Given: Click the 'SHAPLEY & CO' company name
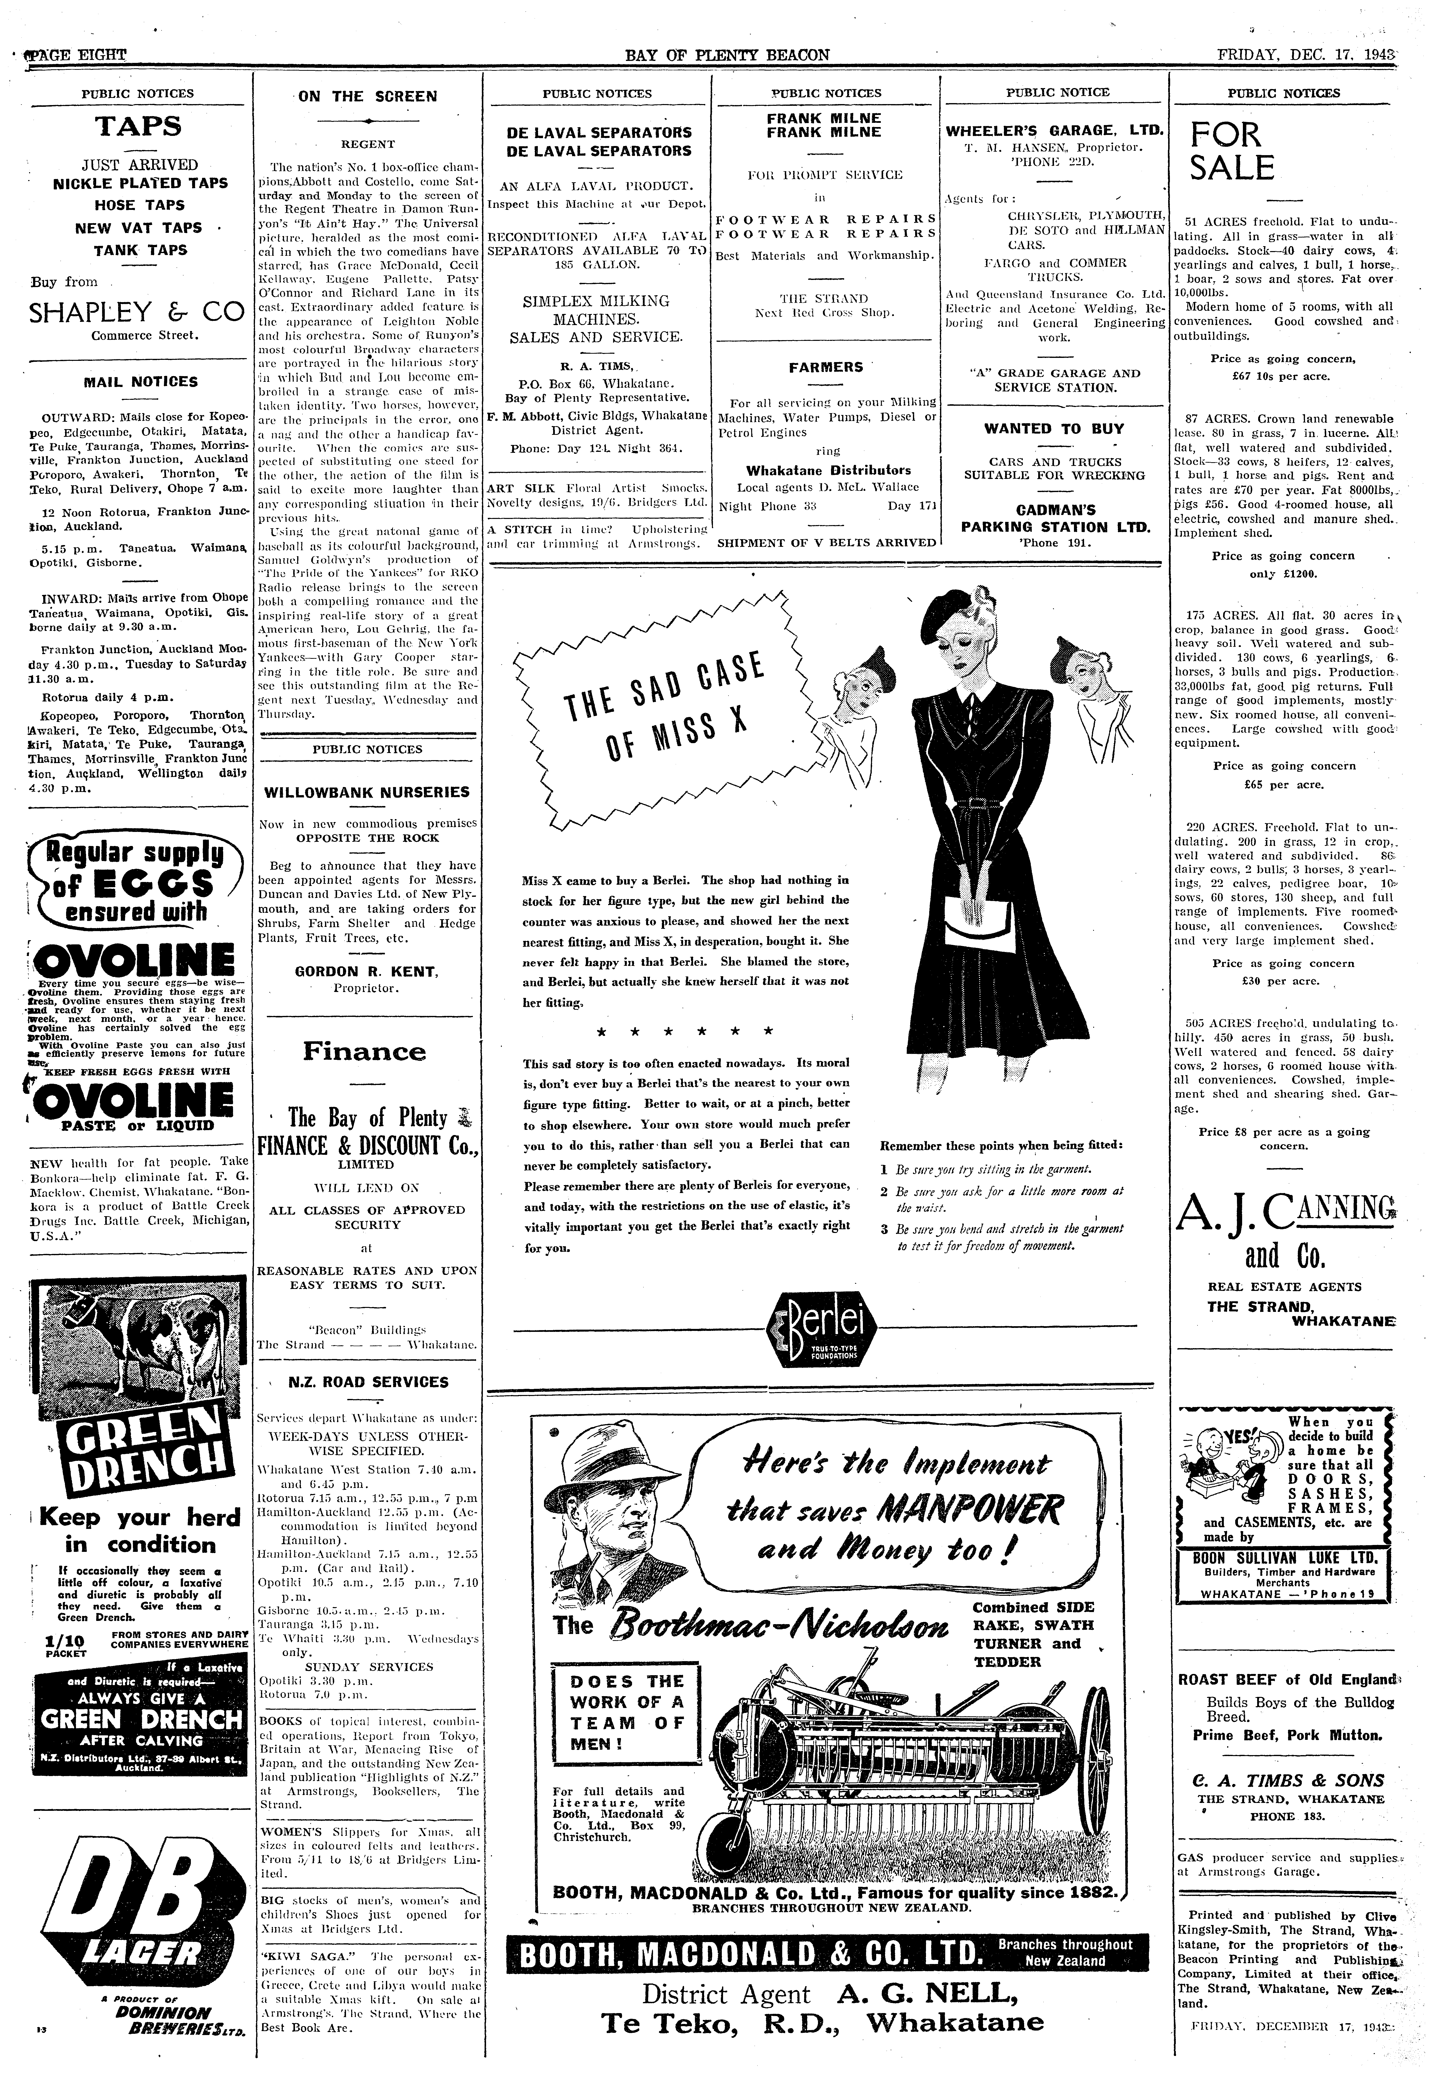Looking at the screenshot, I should coord(136,312).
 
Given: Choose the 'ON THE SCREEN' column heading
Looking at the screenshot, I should coord(368,96).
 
